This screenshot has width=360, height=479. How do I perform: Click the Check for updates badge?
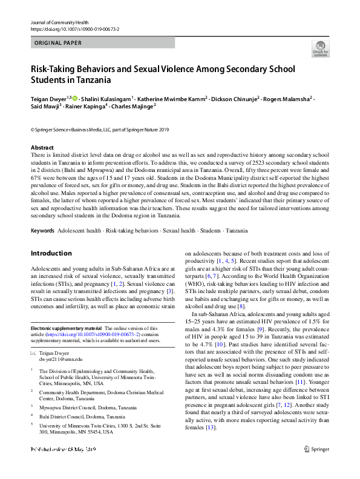pyautogui.click(x=320, y=48)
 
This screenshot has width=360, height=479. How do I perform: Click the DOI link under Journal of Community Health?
pyautogui.click(x=74, y=29)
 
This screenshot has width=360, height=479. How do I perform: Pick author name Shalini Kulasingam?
pyautogui.click(x=112, y=97)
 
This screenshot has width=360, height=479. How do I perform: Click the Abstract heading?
pyautogui.click(x=42, y=148)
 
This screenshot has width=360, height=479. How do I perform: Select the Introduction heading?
pyautogui.click(x=51, y=253)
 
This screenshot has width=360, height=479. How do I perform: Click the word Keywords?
pyautogui.click(x=42, y=231)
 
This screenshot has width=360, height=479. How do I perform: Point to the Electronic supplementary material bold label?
pyautogui.click(x=67, y=328)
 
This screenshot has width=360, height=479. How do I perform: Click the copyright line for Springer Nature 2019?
pyautogui.click(x=100, y=129)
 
